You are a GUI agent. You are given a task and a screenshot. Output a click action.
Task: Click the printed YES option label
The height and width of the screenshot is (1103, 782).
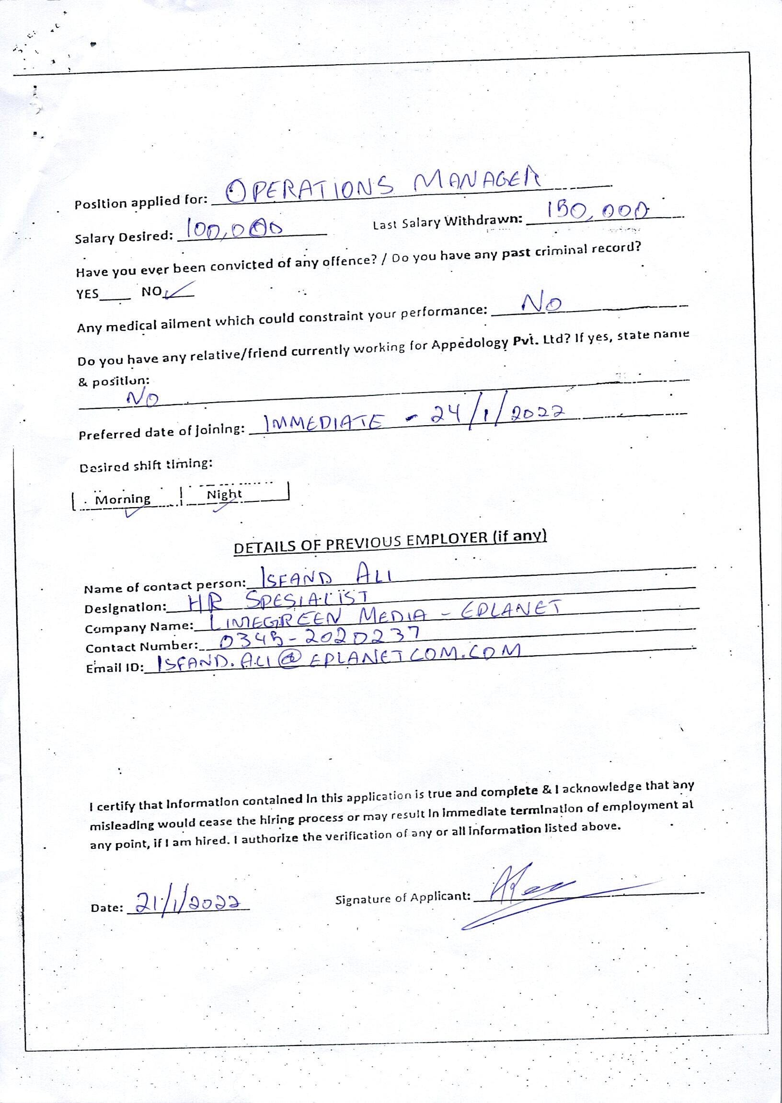88,294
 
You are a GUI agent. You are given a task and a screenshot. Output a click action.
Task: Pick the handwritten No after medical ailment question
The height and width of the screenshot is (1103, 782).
542,303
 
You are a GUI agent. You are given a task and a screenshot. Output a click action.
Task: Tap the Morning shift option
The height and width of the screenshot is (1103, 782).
123,499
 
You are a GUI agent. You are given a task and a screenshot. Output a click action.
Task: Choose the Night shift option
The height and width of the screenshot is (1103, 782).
224,494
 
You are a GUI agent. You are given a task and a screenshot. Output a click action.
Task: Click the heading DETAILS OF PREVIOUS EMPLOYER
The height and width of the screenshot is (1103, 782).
390,542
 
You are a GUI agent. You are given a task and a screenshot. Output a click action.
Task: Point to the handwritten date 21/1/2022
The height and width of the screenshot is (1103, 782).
188,903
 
